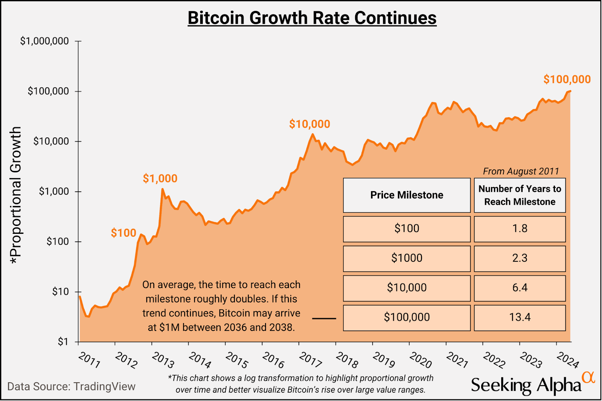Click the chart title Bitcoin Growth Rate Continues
(x=312, y=18)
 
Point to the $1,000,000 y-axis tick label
(x=44, y=41)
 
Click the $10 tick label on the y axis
(x=60, y=292)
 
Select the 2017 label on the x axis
(x=310, y=360)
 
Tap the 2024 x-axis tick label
(x=568, y=360)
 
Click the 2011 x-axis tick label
(x=90, y=360)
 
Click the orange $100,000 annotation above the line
(x=567, y=79)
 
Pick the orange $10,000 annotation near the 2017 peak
(x=309, y=124)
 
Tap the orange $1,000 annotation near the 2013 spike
(x=160, y=178)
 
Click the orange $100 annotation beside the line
(x=123, y=233)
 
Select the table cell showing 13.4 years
(x=520, y=317)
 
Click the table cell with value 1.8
(x=520, y=229)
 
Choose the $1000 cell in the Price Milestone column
(x=407, y=258)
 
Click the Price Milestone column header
(x=407, y=195)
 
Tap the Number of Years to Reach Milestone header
(x=520, y=195)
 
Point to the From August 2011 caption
(x=521, y=171)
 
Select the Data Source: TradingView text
(x=71, y=387)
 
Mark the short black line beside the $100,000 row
(x=324, y=319)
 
